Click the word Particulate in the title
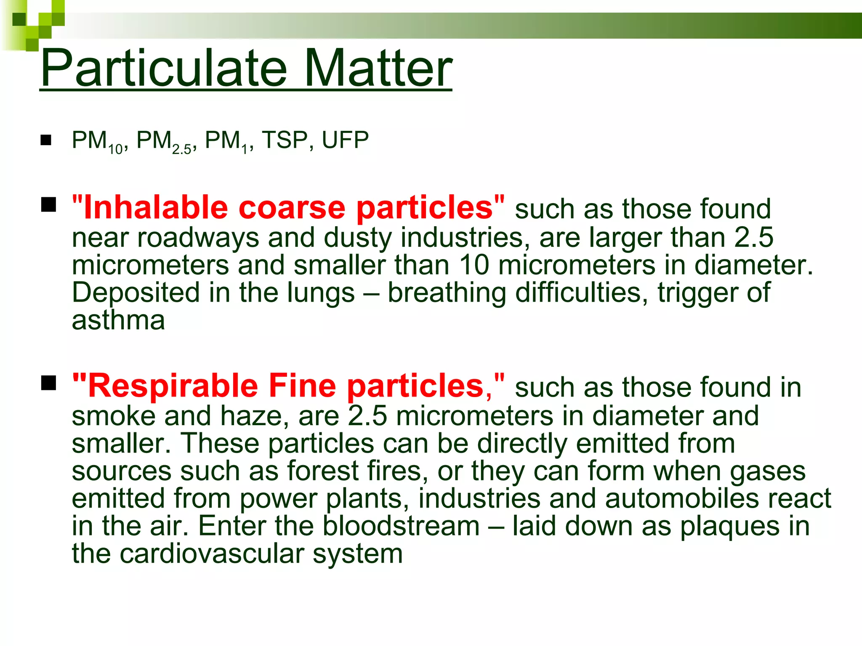(x=164, y=68)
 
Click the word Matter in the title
(x=378, y=68)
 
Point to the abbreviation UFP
(x=345, y=140)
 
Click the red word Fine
(x=303, y=386)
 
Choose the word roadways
(x=198, y=238)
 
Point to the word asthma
(x=118, y=320)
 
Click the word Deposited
(x=136, y=293)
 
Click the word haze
(x=254, y=416)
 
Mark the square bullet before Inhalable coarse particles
(x=49, y=205)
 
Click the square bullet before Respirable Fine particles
(x=49, y=383)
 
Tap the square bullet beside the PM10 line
(x=46, y=140)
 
